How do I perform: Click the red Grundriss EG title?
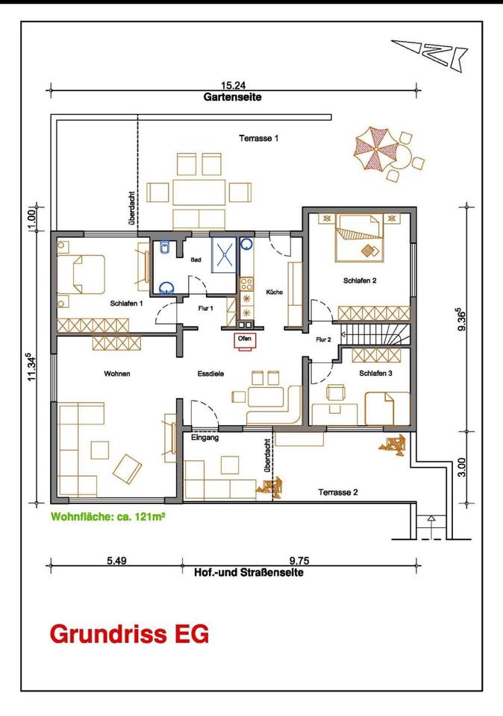point(129,634)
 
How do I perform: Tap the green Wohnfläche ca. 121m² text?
point(107,517)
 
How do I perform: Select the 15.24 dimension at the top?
point(234,85)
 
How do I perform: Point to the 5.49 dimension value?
point(116,560)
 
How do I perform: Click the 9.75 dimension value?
point(299,560)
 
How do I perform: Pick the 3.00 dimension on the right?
point(462,468)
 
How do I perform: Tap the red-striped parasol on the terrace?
point(375,148)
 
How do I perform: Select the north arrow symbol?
point(429,54)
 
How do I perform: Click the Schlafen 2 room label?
point(360,281)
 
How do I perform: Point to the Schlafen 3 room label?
point(375,373)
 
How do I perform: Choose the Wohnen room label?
point(117,374)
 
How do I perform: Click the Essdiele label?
point(210,374)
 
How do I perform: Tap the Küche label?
point(275,292)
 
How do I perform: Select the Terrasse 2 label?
point(338,492)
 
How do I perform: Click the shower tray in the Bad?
point(224,255)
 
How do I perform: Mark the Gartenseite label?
point(233,97)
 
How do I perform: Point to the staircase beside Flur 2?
point(374,335)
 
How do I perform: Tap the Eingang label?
point(205,438)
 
